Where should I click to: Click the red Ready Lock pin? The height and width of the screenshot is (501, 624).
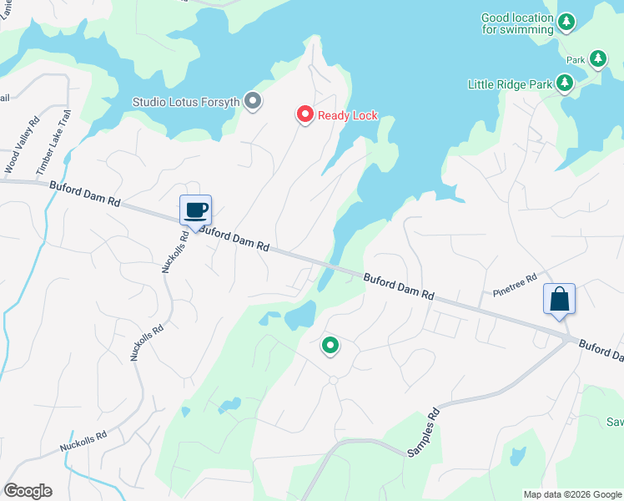pyautogui.click(x=305, y=114)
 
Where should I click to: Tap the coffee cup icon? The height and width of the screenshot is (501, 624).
pyautogui.click(x=196, y=210)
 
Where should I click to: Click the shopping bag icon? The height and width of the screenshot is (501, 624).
pyautogui.click(x=559, y=299)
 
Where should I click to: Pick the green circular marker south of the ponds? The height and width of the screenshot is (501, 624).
pyautogui.click(x=330, y=345)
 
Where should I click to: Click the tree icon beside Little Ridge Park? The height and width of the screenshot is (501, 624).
pyautogui.click(x=565, y=83)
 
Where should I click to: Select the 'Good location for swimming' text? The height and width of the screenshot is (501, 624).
pyautogui.click(x=517, y=23)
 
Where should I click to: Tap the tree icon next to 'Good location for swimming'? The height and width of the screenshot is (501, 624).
pyautogui.click(x=566, y=22)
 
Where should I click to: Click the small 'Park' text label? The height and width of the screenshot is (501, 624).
pyautogui.click(x=576, y=60)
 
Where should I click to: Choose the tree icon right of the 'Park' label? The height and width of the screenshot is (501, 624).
pyautogui.click(x=597, y=58)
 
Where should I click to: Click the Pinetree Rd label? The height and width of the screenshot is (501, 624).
pyautogui.click(x=515, y=288)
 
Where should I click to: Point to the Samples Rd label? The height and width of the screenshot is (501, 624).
pyautogui.click(x=422, y=433)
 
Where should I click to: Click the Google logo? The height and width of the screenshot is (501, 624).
pyautogui.click(x=28, y=491)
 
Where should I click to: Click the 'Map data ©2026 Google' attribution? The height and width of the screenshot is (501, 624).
pyautogui.click(x=572, y=494)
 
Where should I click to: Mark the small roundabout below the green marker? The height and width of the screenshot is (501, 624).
pyautogui.click(x=333, y=380)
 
